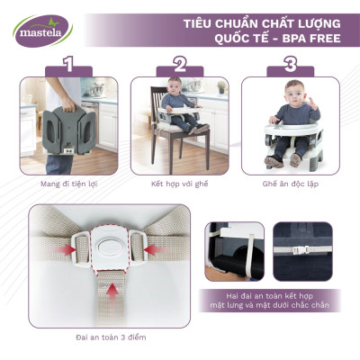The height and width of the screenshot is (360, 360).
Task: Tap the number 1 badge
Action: pos(64,65)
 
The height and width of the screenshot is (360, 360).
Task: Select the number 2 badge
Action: pos(180,65)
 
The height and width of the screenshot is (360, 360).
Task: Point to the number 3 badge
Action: pos(291,65)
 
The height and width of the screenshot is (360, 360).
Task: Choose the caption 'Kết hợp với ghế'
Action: pos(180,181)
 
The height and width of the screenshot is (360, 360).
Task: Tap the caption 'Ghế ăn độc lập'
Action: pos(290,181)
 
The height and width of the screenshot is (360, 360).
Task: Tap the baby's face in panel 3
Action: pos(292,96)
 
